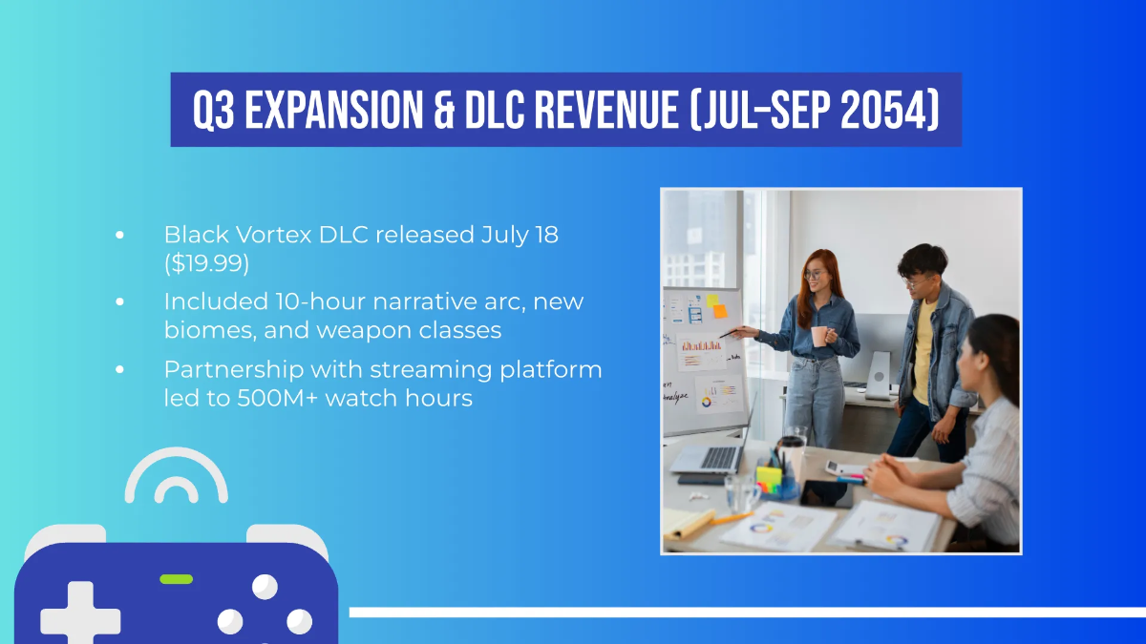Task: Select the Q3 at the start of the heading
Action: click(212, 110)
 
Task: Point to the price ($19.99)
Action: click(206, 262)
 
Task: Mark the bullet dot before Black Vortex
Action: click(119, 235)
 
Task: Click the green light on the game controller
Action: click(176, 579)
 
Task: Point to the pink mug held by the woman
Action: click(819, 336)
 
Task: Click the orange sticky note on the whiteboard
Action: click(719, 309)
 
